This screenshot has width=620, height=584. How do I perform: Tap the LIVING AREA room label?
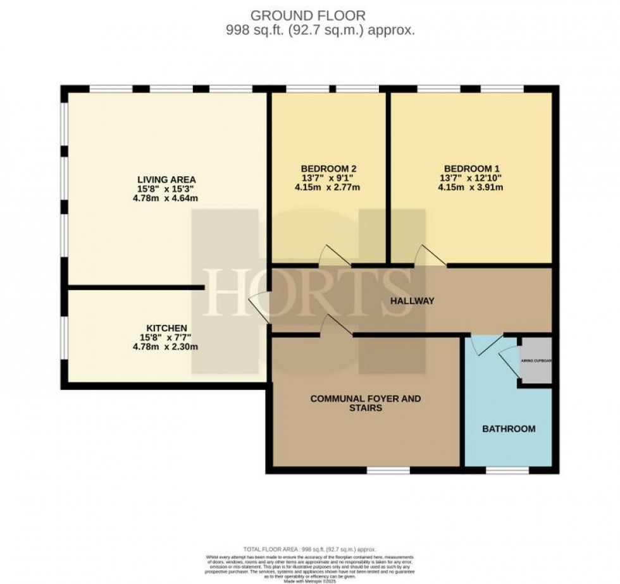[x=168, y=178]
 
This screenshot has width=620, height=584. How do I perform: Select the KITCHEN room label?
[x=166, y=328]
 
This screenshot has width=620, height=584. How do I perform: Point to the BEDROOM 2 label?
[x=328, y=168]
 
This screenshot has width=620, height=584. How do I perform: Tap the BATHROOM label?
[x=509, y=429]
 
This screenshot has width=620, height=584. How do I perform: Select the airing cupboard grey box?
[x=536, y=361]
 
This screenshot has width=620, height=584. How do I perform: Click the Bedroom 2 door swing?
[x=333, y=255]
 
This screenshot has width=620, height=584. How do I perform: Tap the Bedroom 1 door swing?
[x=428, y=256]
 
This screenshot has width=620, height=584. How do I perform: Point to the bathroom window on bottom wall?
[x=502, y=470]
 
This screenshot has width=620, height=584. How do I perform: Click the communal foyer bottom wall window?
[x=387, y=470]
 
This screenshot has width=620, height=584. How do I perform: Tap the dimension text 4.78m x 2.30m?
[x=166, y=347]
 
